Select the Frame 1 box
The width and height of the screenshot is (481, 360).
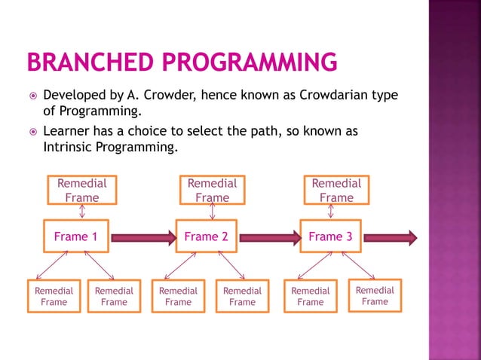click(76, 236)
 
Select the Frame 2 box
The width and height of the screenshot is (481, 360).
click(207, 236)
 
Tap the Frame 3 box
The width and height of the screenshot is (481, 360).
click(331, 236)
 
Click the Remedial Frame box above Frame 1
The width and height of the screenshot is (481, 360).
click(81, 190)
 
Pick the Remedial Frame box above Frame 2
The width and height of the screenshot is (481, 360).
click(212, 190)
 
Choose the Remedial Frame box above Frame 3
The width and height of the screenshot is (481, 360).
click(336, 190)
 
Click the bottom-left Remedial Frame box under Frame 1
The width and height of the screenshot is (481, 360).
click(54, 296)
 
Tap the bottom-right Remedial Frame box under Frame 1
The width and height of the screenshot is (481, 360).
click(114, 296)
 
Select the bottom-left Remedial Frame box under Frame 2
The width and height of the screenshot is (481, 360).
click(178, 296)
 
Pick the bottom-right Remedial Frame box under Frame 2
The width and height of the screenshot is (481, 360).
click(242, 296)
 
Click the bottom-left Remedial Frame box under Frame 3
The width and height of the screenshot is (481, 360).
click(311, 296)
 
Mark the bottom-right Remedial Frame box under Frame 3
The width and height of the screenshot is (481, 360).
click(375, 295)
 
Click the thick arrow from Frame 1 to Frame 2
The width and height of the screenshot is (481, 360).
click(142, 237)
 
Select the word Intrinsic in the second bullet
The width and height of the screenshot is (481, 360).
click(66, 147)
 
